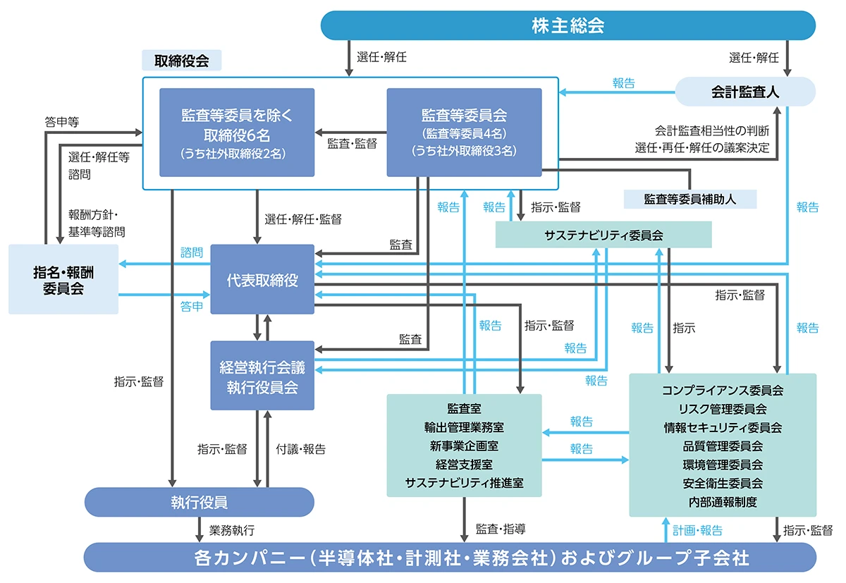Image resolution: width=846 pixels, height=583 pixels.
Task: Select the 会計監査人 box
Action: coord(745,92)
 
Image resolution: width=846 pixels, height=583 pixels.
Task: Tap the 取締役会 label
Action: coord(182,60)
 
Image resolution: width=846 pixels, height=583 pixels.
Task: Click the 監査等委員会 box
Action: coord(464,132)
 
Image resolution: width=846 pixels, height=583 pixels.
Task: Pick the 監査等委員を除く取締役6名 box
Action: coord(237,132)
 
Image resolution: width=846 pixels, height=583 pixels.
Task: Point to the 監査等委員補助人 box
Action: coord(689,199)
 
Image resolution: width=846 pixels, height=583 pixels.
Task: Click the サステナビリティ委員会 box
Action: coord(603,235)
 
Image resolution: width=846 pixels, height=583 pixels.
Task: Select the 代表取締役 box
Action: coord(262,279)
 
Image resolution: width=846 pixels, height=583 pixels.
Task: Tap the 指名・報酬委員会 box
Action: coord(63,279)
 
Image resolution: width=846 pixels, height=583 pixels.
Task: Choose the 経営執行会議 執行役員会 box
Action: coord(262,375)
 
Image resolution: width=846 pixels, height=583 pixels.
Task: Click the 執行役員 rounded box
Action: coord(199,503)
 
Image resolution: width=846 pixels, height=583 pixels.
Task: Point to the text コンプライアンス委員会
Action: coord(723,390)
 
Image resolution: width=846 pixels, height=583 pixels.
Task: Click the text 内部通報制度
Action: coord(723,502)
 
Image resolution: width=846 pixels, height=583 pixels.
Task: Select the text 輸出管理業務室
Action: coord(464,427)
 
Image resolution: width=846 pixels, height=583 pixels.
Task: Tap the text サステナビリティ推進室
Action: coord(464,483)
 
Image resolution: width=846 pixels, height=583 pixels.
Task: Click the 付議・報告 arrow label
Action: coord(301,449)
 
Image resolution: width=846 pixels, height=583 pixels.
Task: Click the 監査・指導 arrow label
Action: coord(501,529)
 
